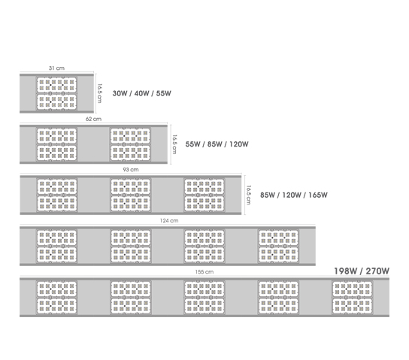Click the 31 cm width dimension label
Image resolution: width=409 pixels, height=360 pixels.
56,68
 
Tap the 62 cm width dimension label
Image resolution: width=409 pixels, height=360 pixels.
93,119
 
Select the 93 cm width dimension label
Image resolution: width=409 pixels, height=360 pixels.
131,169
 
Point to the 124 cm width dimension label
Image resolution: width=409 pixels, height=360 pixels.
169,220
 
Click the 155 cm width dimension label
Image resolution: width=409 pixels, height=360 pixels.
204,271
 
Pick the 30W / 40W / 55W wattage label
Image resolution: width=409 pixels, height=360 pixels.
141,93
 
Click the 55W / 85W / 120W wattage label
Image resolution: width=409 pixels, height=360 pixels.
217,144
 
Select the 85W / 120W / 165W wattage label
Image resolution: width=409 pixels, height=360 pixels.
294,195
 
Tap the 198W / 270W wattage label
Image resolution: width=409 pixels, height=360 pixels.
362,271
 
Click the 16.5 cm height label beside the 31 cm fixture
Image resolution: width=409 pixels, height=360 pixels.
100,93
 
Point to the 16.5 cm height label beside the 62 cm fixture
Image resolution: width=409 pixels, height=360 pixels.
174,144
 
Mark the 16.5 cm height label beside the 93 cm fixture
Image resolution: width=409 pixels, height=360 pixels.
249,195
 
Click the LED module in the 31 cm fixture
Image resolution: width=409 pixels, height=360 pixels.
56,93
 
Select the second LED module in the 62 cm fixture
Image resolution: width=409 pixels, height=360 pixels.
130,144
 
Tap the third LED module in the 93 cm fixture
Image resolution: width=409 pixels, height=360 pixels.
204,195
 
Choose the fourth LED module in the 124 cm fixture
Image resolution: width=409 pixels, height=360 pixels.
278,246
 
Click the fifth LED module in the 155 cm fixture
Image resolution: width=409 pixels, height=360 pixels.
352,298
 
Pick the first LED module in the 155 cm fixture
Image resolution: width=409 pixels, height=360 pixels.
56,298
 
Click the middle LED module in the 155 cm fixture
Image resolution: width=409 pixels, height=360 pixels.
204,298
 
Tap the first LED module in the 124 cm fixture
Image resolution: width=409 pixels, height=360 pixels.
56,246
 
